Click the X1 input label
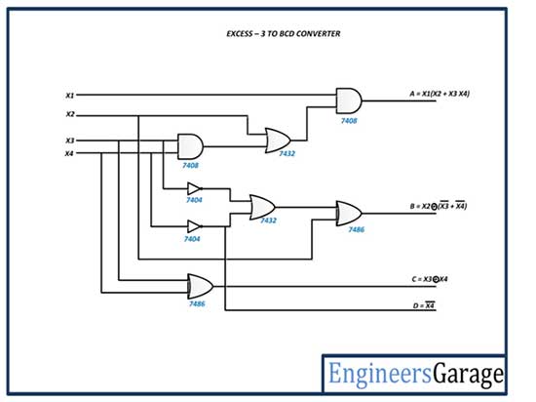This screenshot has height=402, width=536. tap(70, 96)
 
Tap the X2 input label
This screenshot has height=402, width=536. tap(70, 114)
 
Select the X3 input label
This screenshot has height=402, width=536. tap(70, 141)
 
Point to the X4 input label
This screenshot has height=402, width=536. tap(69, 153)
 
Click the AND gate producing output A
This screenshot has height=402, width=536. tap(349, 100)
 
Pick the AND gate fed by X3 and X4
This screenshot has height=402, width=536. tap(190, 146)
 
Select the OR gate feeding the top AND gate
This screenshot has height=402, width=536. tap(278, 141)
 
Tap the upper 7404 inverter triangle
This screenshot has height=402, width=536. tap(195, 188)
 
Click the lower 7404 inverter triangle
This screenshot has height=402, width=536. tap(195, 226)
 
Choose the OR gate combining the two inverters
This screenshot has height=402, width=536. tap(262, 207)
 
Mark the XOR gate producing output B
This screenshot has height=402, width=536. tap(349, 213)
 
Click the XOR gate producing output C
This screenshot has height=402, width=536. tap(201, 286)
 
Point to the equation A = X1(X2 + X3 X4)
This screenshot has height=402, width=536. tap(440, 94)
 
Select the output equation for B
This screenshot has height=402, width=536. tap(439, 206)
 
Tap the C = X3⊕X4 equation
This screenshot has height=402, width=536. tap(430, 279)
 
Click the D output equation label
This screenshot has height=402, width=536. tap(424, 305)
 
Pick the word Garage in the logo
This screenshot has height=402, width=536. tap(469, 375)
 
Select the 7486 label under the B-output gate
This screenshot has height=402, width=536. tap(356, 229)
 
